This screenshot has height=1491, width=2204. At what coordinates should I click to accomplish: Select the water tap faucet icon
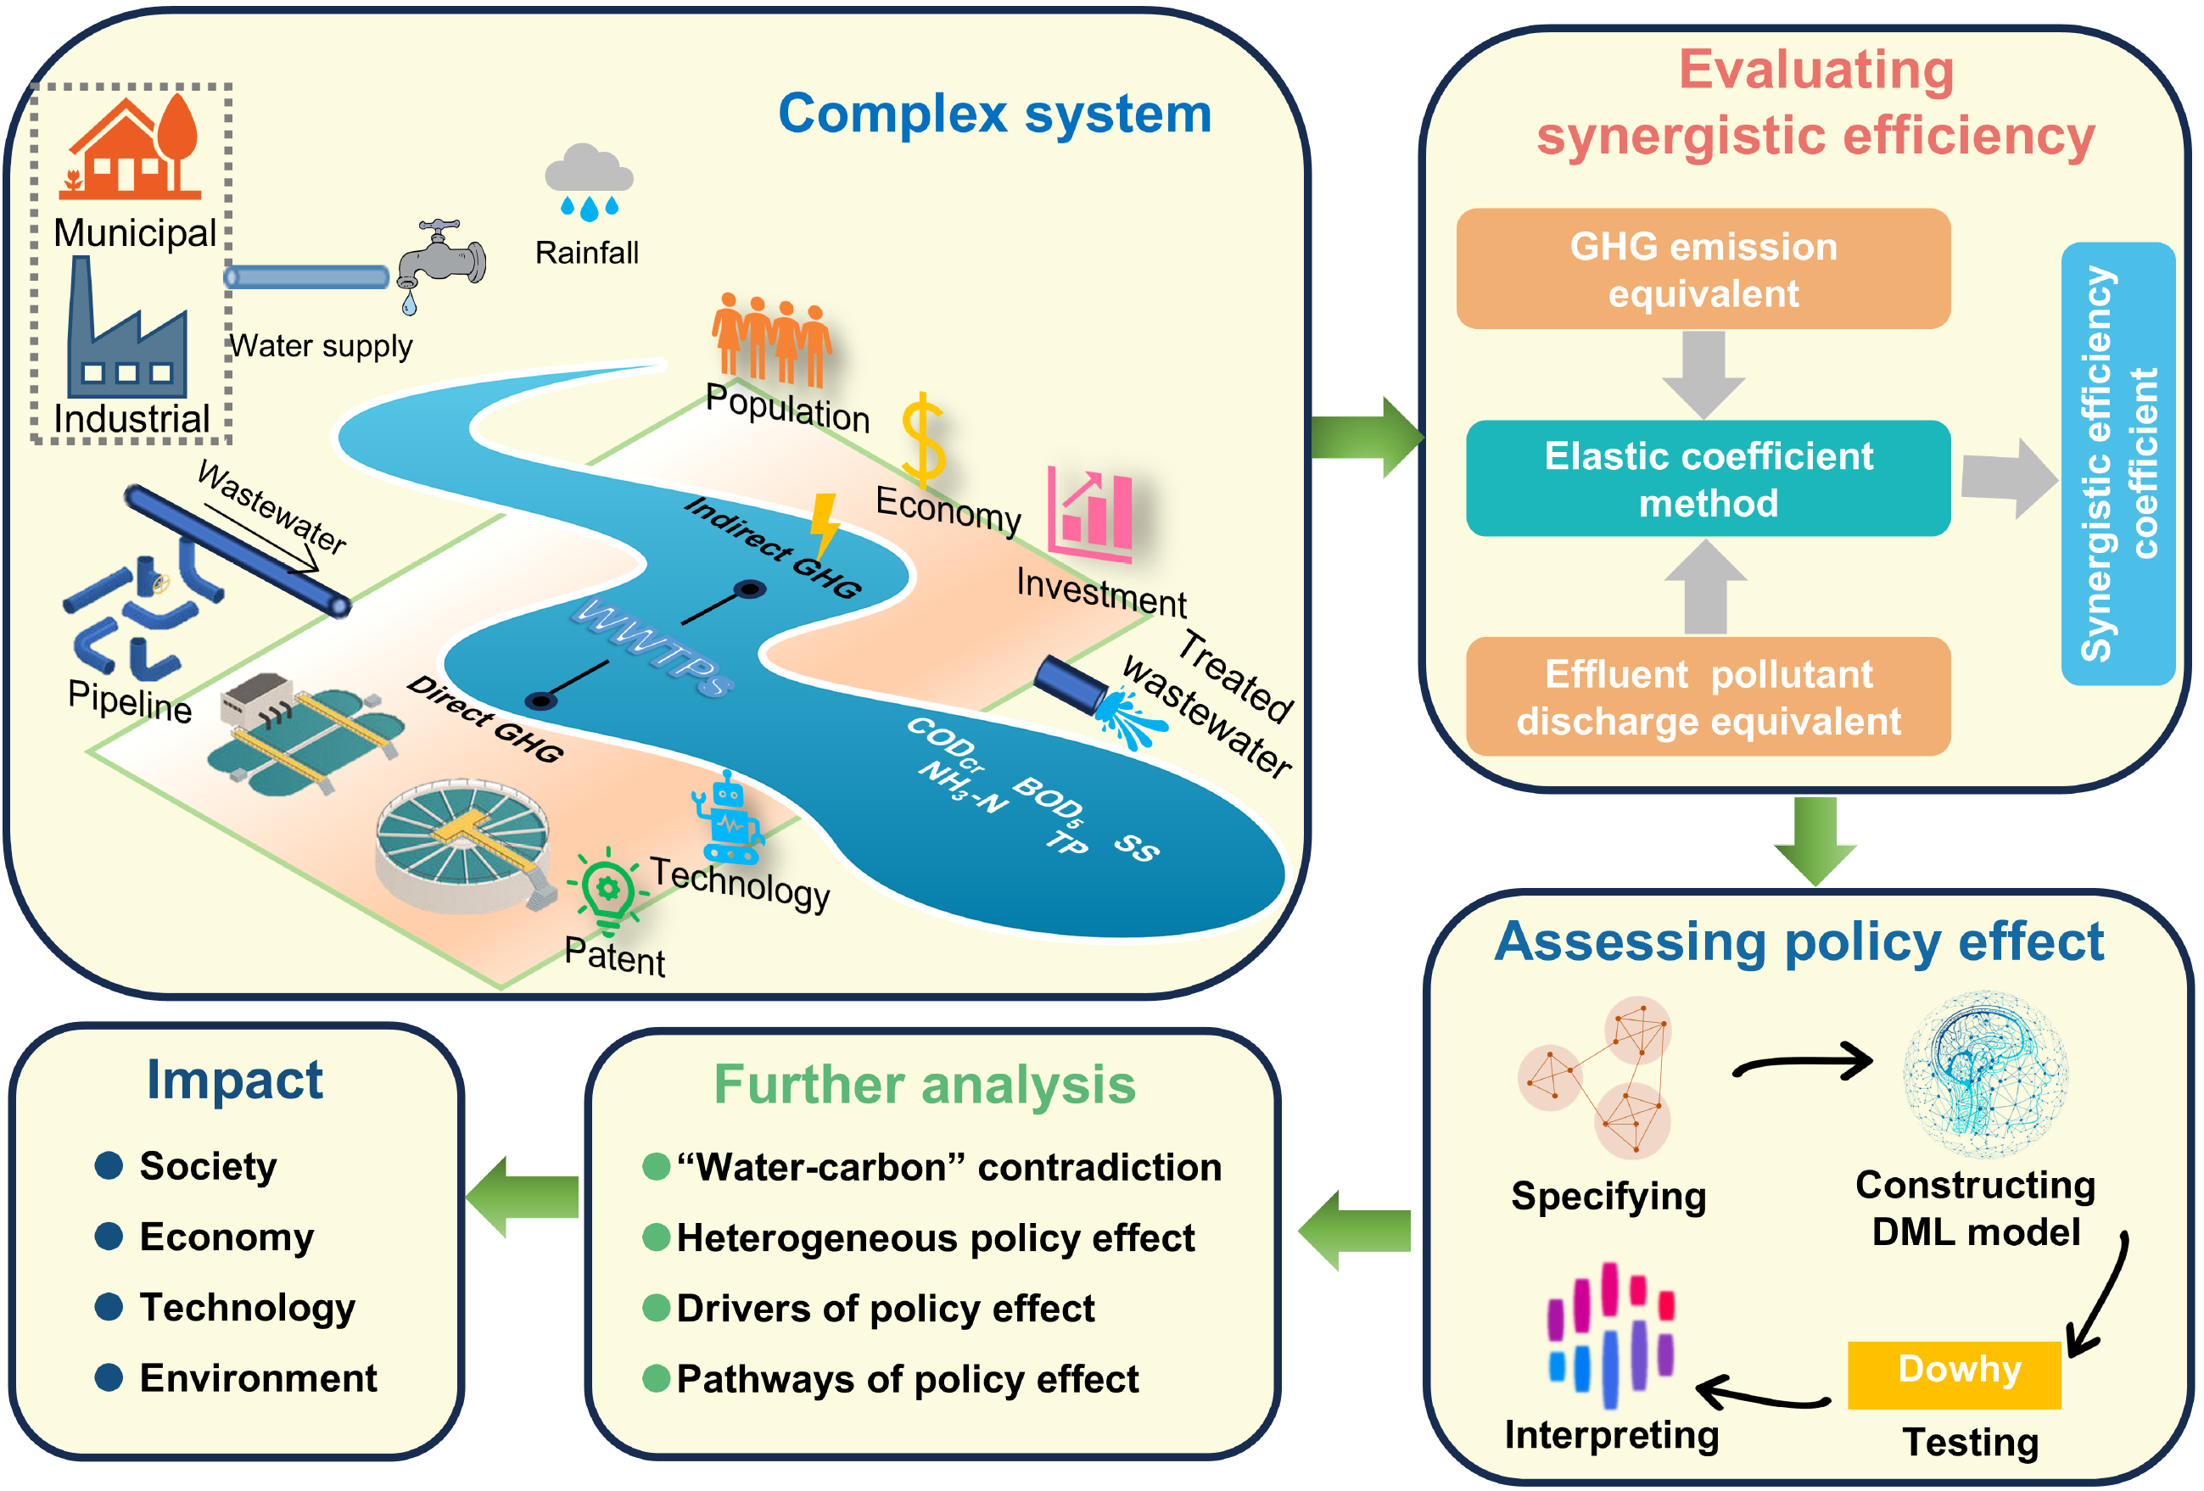(441, 260)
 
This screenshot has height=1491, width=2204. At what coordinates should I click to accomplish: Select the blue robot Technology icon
(727, 817)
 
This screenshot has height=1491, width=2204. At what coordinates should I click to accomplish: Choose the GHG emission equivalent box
(1703, 269)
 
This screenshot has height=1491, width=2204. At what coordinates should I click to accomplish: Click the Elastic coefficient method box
(1707, 478)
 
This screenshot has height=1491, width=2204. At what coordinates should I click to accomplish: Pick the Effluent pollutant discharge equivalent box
(1707, 696)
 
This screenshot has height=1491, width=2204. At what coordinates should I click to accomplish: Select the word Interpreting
(1611, 1435)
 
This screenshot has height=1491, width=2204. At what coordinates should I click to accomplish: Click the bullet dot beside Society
(109, 1165)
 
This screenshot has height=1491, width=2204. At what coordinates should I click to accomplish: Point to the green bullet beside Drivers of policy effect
(657, 1308)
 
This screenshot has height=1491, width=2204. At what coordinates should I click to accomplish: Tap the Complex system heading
(994, 114)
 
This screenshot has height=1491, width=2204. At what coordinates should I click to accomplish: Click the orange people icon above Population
(771, 337)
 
